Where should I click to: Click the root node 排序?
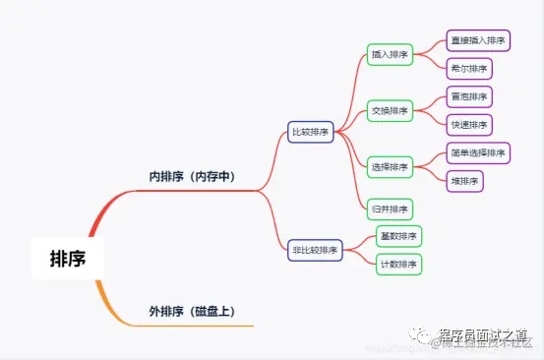pyautogui.click(x=68, y=259)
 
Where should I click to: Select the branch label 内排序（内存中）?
pyautogui.click(x=192, y=177)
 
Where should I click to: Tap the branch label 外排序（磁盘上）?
pyautogui.click(x=192, y=311)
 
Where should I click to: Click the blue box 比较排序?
pyautogui.click(x=311, y=131)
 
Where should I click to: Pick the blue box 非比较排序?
pyautogui.click(x=315, y=250)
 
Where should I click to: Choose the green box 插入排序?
pyautogui.click(x=390, y=55)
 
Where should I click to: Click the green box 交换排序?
pyautogui.click(x=390, y=110)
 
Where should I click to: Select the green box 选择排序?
pyautogui.click(x=390, y=166)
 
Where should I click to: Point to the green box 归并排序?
pyautogui.click(x=390, y=209)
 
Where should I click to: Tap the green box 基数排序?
pyautogui.click(x=398, y=236)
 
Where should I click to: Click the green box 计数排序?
pyautogui.click(x=398, y=264)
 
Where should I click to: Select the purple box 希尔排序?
pyautogui.click(x=468, y=69)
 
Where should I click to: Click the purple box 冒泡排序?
pyautogui.click(x=468, y=97)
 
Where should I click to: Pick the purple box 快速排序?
pyautogui.click(x=468, y=125)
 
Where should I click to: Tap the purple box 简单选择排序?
pyautogui.click(x=477, y=152)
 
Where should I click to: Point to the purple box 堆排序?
pyautogui.click(x=464, y=181)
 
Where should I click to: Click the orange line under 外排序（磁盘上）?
pyautogui.click(x=197, y=324)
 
